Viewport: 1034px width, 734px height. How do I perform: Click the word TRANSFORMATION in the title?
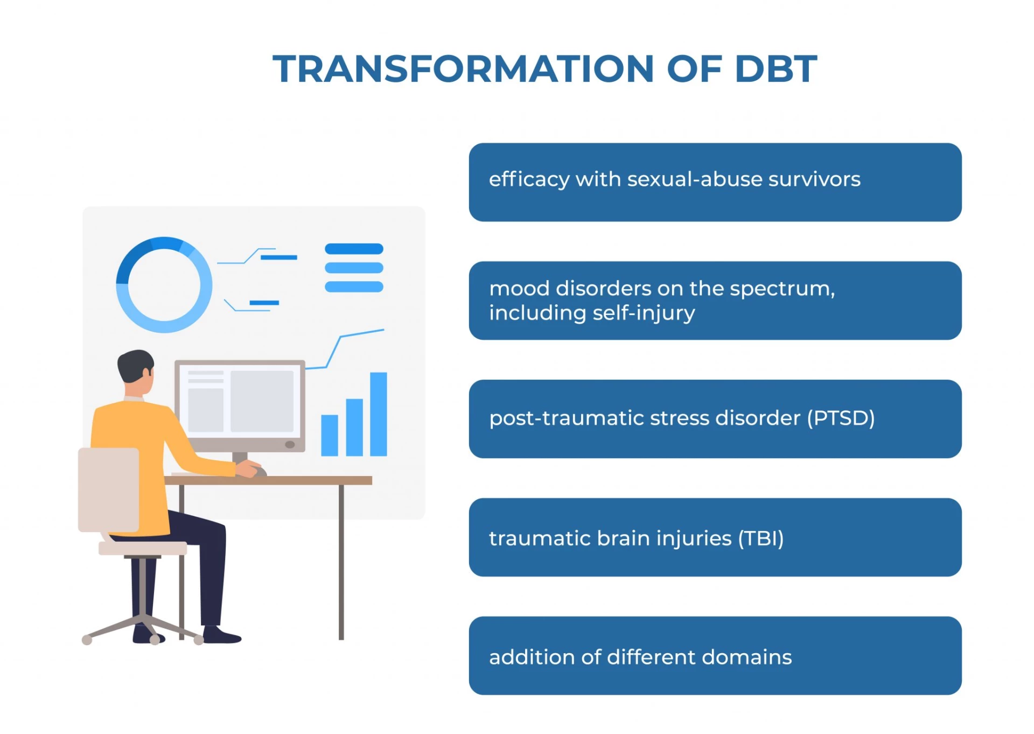(463, 69)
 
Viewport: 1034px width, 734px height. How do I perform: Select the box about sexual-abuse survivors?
(715, 182)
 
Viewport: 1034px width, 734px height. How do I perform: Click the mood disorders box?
(715, 300)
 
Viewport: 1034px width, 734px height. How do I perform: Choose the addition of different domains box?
(715, 655)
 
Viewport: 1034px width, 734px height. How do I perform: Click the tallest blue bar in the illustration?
(378, 414)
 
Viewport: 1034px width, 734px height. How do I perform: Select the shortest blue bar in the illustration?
(329, 435)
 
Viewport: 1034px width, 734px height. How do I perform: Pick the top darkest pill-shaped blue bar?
(354, 249)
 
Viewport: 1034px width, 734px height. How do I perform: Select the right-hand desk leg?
(341, 560)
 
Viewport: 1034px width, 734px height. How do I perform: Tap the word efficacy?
(529, 180)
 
